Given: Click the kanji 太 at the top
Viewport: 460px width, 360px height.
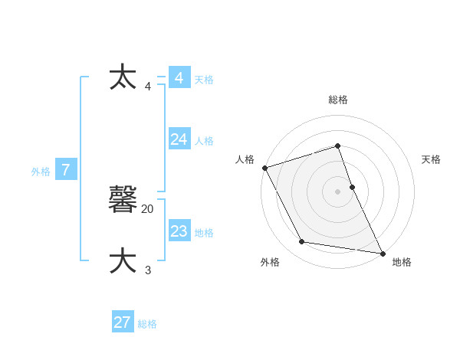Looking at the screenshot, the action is [123, 77].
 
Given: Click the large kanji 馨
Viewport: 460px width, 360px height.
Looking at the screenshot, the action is [123, 200].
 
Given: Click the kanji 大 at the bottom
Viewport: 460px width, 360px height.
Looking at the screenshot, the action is [123, 260].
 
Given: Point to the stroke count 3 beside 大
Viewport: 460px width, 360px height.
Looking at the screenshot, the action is [148, 270].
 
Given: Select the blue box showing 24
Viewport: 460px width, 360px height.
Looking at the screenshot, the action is [179, 139].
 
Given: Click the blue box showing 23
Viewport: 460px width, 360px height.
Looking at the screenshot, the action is [179, 231].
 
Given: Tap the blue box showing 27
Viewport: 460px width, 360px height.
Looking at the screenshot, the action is [123, 322].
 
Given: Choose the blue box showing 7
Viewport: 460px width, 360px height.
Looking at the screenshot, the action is [66, 170].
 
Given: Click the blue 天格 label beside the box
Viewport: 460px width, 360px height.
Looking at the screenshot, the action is [204, 80].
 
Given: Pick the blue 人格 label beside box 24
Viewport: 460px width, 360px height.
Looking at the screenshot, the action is [204, 141].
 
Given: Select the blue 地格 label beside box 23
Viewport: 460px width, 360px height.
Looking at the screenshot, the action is [204, 233].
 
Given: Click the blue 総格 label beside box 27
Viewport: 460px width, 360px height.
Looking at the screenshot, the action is [147, 325].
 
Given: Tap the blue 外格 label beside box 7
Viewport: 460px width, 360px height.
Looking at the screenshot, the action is [41, 172].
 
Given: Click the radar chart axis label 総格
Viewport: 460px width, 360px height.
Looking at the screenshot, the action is [338, 100].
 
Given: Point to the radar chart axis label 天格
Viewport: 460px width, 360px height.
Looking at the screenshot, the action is [432, 159].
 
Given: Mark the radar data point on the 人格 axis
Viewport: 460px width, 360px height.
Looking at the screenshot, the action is [264, 168].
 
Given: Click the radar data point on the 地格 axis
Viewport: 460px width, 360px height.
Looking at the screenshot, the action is [382, 252].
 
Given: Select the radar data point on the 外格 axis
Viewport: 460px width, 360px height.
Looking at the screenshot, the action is [302, 242].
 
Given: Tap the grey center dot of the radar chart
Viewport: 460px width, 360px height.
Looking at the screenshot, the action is [338, 191].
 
